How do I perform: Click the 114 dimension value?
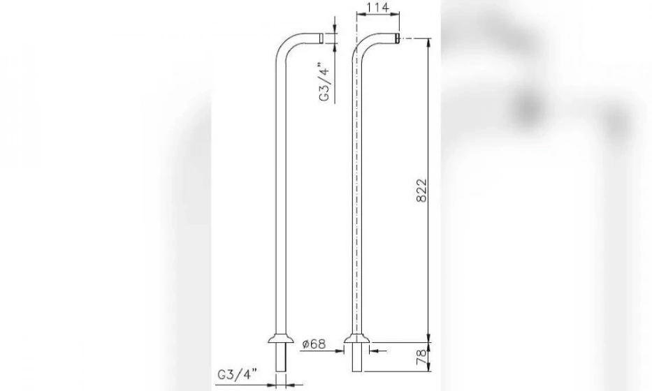tap(378, 7)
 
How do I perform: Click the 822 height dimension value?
tap(421, 191)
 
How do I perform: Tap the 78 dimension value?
tap(421, 357)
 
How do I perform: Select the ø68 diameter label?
tap(314, 344)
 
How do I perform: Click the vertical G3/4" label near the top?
tap(324, 82)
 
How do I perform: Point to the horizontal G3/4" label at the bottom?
tap(237, 374)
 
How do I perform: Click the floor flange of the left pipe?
tap(281, 339)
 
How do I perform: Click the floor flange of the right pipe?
tap(357, 339)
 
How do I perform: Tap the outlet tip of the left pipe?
tap(321, 38)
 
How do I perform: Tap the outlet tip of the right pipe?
tap(397, 38)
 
